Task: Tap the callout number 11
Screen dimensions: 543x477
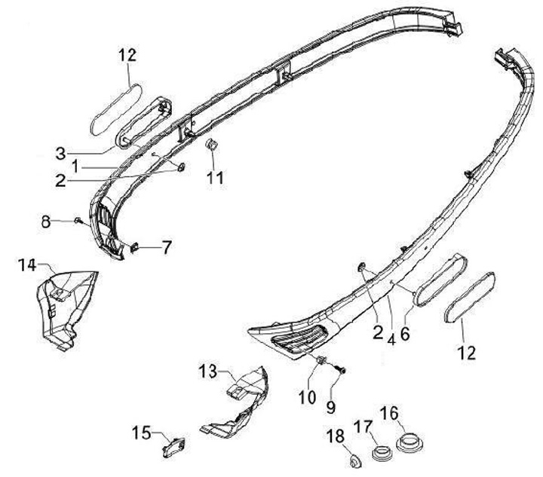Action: coord(216,179)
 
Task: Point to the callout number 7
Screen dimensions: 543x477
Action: coord(166,246)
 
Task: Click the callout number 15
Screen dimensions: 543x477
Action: coord(142,433)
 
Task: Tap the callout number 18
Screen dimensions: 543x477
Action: coord(335,436)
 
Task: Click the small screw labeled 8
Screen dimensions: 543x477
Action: coord(78,220)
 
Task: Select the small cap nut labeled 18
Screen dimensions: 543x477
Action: coord(354,457)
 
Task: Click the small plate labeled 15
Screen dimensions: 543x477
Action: coord(173,446)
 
